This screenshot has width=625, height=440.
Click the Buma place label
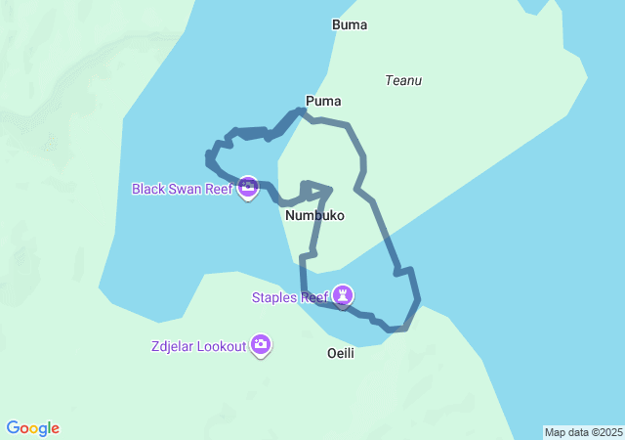coord(350,25)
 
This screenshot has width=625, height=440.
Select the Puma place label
coord(323,101)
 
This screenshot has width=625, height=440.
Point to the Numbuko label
coord(314,215)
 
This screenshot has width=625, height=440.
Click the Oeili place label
coord(340,352)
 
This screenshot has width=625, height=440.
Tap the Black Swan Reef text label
coord(182,188)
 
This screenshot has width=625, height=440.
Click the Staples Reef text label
coord(289,297)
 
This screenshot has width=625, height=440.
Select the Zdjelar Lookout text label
coord(198,346)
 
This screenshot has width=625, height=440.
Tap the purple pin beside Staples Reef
coord(343,293)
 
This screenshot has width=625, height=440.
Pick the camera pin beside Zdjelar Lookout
coord(261,344)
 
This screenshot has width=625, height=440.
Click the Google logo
coord(33,428)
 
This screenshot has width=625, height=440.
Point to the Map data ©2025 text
coord(583,432)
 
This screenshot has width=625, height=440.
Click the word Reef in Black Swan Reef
coord(218,188)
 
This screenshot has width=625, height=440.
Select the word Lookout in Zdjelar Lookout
coord(222,346)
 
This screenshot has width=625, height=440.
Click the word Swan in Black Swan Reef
coord(186,188)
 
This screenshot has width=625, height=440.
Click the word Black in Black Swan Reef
coord(149,188)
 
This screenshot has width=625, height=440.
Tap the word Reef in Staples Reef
coord(313,297)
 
